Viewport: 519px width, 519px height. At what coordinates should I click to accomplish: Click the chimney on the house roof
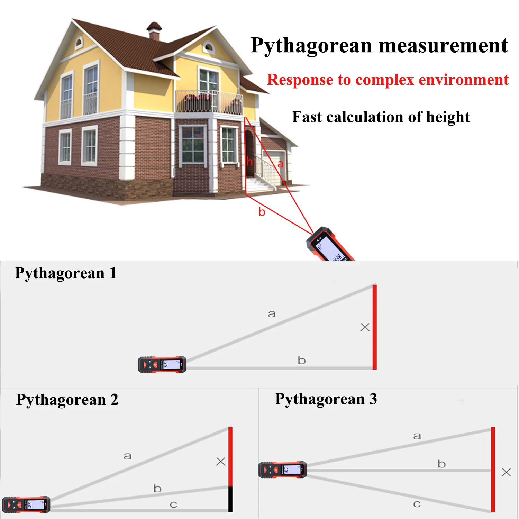154,31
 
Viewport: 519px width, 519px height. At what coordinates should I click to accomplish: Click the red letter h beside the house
249,162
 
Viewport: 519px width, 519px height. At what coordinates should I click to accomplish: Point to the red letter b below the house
262,212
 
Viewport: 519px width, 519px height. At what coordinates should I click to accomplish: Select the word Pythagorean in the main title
311,46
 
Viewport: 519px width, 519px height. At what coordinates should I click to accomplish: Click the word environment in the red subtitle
464,80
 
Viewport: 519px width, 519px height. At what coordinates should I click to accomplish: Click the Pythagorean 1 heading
66,273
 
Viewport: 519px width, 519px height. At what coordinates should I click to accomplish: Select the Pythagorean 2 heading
67,400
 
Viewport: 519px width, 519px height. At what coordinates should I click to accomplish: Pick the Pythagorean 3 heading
326,399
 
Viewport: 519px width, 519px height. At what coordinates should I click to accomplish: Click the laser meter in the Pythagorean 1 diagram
162,364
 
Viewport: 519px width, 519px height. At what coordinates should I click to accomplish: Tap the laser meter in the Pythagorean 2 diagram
26,504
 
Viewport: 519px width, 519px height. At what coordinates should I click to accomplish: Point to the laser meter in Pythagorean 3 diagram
282,470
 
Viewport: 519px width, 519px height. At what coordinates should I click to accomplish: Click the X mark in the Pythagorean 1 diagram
365,327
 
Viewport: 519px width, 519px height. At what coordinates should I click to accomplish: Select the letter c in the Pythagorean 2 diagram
174,505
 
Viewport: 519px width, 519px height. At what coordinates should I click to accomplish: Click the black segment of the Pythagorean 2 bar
230,499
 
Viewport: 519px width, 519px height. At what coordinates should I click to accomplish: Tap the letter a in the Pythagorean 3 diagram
417,436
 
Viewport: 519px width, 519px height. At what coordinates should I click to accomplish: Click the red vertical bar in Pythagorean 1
375,327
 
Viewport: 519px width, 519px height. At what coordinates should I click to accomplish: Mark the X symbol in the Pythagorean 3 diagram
506,472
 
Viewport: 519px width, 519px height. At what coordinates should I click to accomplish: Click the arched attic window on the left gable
79,43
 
